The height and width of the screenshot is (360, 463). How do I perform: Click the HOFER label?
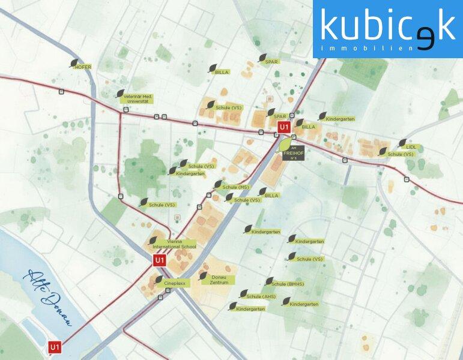(x=82, y=67)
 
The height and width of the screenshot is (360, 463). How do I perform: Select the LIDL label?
(x=411, y=146)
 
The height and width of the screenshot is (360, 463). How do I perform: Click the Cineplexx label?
(x=172, y=282)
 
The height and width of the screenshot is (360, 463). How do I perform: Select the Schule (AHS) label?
(x=261, y=296)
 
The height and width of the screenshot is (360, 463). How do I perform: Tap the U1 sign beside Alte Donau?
(x=55, y=347)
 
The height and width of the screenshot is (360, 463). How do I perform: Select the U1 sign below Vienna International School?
(x=159, y=260)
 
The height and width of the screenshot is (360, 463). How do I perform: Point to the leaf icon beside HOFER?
(x=74, y=62)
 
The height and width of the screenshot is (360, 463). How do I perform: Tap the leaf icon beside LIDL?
(x=402, y=143)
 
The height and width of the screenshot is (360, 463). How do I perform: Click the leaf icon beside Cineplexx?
(x=159, y=279)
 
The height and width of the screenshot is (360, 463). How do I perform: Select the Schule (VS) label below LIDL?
(x=401, y=154)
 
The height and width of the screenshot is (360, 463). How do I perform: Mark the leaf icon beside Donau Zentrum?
(x=203, y=276)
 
